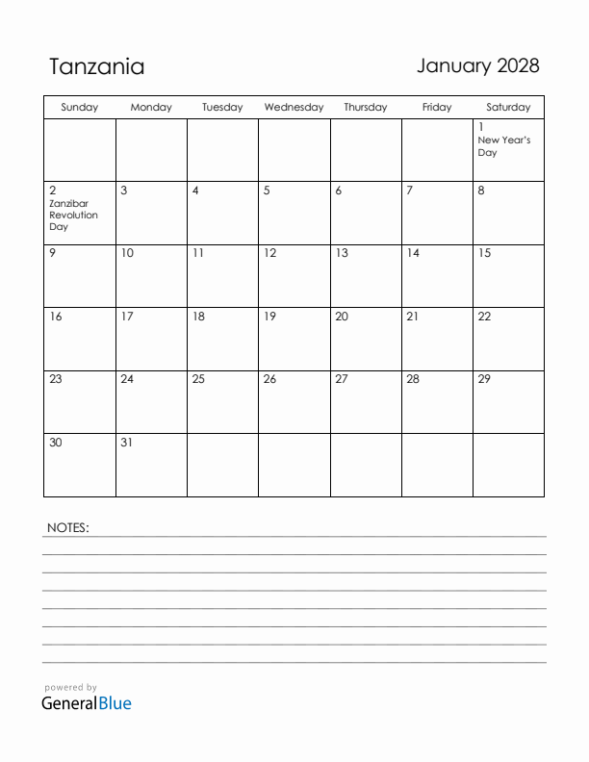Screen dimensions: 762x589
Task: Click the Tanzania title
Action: click(96, 66)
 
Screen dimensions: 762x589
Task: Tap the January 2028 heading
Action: click(477, 65)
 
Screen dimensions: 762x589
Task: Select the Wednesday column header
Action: click(294, 108)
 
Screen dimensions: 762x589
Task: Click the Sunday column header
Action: click(79, 108)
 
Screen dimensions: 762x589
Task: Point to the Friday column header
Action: click(437, 108)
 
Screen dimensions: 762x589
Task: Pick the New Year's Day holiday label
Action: click(503, 146)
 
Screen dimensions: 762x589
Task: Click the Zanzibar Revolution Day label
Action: click(73, 216)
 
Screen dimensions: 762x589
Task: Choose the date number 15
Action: click(484, 253)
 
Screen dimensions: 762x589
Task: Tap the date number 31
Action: click(127, 443)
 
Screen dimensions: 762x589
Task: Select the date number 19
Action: click(269, 317)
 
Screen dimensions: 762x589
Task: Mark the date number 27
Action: click(341, 379)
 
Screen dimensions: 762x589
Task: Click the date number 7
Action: click(409, 190)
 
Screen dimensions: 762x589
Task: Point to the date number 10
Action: click(127, 253)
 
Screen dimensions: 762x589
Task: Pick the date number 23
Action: click(56, 379)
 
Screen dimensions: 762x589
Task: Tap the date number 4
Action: click(195, 190)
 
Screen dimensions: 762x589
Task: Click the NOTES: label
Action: click(67, 527)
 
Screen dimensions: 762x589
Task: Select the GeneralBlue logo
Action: click(87, 703)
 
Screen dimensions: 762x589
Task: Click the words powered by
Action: click(70, 687)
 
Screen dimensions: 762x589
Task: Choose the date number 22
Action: click(484, 317)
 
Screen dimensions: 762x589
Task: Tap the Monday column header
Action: click(151, 108)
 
